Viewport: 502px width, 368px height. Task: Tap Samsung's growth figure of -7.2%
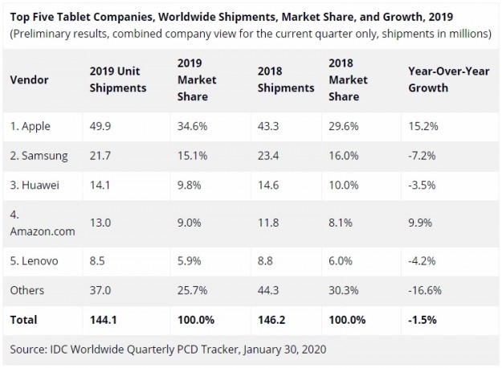click(x=422, y=154)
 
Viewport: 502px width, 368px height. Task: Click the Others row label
click(x=27, y=290)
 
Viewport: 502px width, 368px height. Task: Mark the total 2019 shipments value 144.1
click(x=95, y=319)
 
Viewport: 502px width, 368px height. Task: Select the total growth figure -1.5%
click(x=423, y=319)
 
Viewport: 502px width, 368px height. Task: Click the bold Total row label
click(x=24, y=319)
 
